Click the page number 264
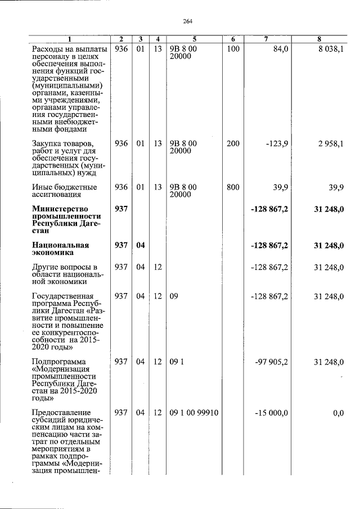[x=188, y=21]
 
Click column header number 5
[x=193, y=39]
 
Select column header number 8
[x=319, y=39]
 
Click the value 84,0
[x=280, y=49]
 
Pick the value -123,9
[x=277, y=143]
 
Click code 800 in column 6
[x=233, y=187]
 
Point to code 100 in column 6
[x=233, y=49]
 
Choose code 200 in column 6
[x=233, y=143]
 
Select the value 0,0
[x=338, y=413]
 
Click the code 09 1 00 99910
[x=193, y=413]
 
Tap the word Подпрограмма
[x=59, y=362]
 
